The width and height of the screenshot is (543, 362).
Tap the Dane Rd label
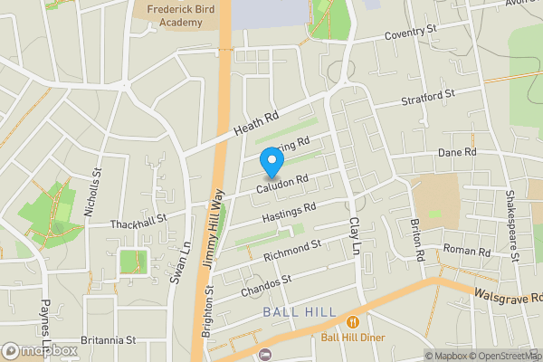tap(457, 153)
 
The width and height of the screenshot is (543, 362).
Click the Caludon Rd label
tap(282, 184)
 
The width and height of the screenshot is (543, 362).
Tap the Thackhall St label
tap(138, 220)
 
